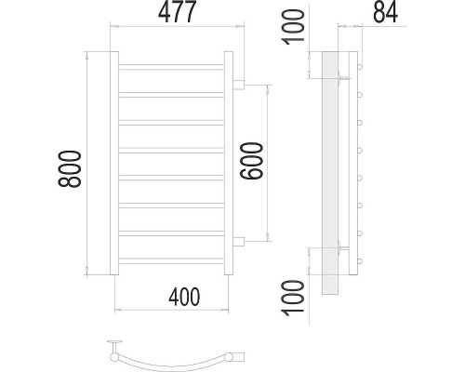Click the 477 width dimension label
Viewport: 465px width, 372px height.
click(178, 12)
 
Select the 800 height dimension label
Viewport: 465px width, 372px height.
click(70, 169)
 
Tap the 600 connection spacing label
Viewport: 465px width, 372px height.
click(251, 161)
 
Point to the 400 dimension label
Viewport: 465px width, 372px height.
click(184, 297)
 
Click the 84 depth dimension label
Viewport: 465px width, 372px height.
click(385, 12)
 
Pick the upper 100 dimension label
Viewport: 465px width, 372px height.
click(292, 27)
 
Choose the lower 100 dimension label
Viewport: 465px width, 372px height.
click(292, 298)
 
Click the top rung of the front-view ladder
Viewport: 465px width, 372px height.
click(171, 67)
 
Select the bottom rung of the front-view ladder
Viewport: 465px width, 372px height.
click(171, 260)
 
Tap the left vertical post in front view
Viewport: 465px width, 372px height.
click(114, 164)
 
